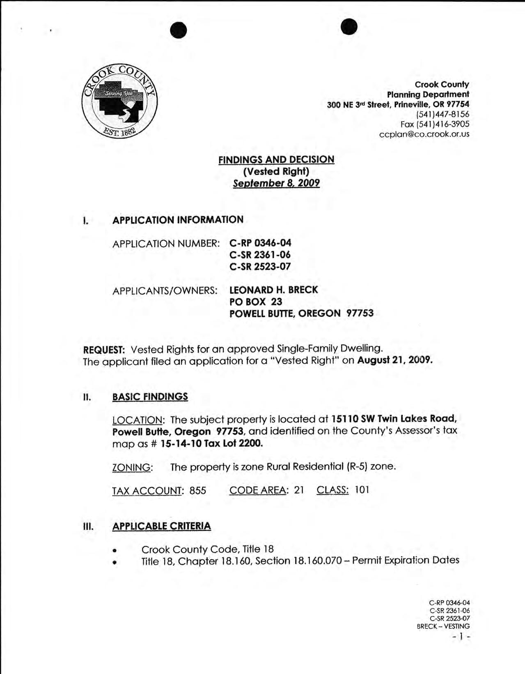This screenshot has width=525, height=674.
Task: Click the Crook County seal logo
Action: coord(119,101)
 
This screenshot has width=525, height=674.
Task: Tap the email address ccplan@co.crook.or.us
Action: coord(424,134)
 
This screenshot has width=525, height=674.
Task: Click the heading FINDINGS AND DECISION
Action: coord(276,159)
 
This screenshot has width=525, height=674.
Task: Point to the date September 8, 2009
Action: coord(276,183)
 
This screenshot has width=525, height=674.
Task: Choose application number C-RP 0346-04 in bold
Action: coord(260,243)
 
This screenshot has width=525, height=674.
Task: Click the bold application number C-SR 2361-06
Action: coord(260,255)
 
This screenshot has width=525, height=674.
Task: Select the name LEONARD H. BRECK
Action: coord(273,290)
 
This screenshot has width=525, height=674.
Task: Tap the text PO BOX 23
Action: coord(256,302)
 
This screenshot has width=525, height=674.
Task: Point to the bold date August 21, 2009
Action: coord(395,361)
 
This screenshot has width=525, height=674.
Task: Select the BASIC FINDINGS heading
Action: coord(150,397)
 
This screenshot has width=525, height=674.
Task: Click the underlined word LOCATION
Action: coord(137,420)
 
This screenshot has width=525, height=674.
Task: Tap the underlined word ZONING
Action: coord(131,467)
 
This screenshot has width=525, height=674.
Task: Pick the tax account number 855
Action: coord(197,490)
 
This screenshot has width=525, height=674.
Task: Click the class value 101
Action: coord(362,490)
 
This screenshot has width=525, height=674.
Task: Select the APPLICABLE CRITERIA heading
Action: coord(161,526)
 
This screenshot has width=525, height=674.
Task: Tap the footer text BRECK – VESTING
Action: coord(443,626)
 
